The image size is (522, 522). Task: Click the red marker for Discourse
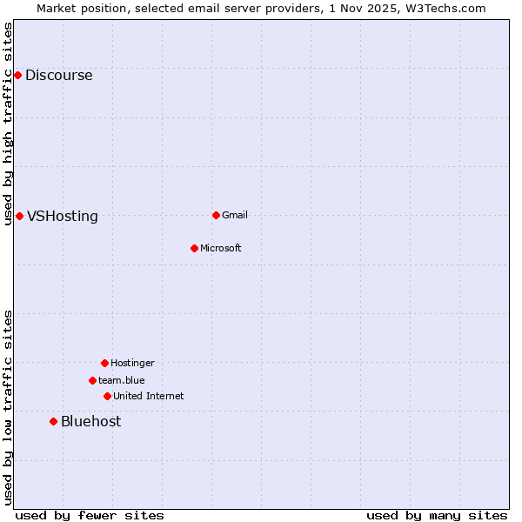click(x=17, y=75)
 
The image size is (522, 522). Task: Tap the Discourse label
click(x=58, y=76)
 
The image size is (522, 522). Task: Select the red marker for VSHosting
click(x=19, y=216)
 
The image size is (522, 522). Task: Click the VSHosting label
click(x=62, y=217)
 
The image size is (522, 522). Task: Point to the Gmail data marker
click(x=216, y=215)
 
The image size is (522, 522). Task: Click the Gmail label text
click(x=235, y=216)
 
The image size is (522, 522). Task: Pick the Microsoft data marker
click(x=194, y=248)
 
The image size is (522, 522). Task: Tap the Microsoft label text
click(x=220, y=249)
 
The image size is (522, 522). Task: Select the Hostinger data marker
click(x=104, y=363)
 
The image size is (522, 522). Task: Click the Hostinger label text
click(x=132, y=364)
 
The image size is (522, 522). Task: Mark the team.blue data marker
click(x=92, y=380)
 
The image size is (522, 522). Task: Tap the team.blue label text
click(x=121, y=380)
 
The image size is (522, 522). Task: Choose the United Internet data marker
click(x=107, y=396)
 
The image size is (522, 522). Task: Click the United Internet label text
click(x=148, y=397)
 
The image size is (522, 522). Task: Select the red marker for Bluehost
click(x=53, y=421)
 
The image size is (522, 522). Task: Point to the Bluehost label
click(x=90, y=422)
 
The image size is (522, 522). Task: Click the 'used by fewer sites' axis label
click(x=90, y=516)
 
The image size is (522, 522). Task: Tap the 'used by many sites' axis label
click(x=437, y=516)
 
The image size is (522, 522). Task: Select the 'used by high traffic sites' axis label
click(x=9, y=124)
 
